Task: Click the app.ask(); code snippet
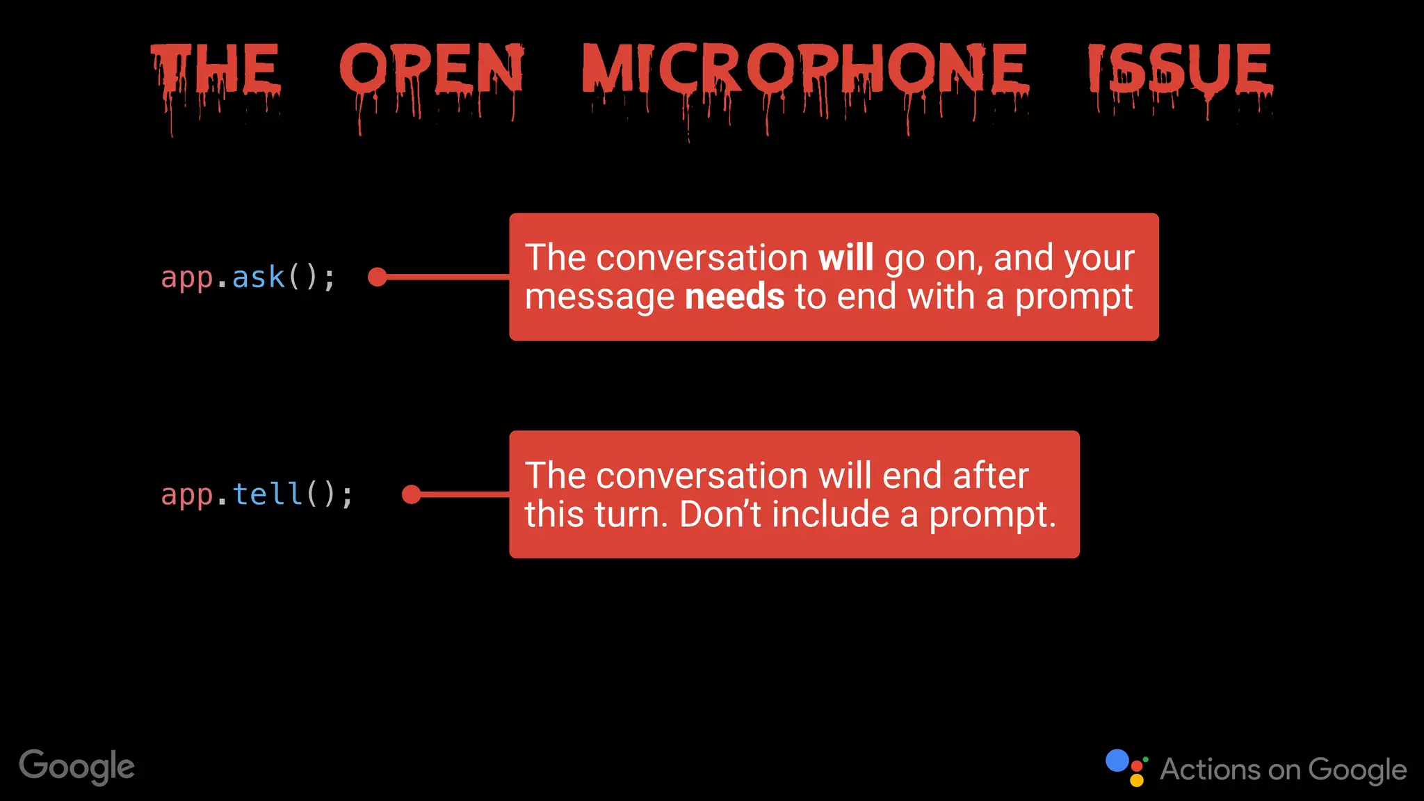(x=248, y=277)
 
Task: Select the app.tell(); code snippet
(x=257, y=495)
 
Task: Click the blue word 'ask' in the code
(x=258, y=277)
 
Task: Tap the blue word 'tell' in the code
(x=267, y=495)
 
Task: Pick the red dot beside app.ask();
(x=377, y=277)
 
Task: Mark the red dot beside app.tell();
(x=411, y=494)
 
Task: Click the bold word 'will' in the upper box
(x=845, y=258)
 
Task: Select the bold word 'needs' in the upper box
(x=734, y=297)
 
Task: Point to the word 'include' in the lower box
(x=830, y=515)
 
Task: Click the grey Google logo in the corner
(x=76, y=766)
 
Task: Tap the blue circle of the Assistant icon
(x=1117, y=760)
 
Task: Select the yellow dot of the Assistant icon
(x=1137, y=781)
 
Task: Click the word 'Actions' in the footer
(x=1210, y=770)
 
